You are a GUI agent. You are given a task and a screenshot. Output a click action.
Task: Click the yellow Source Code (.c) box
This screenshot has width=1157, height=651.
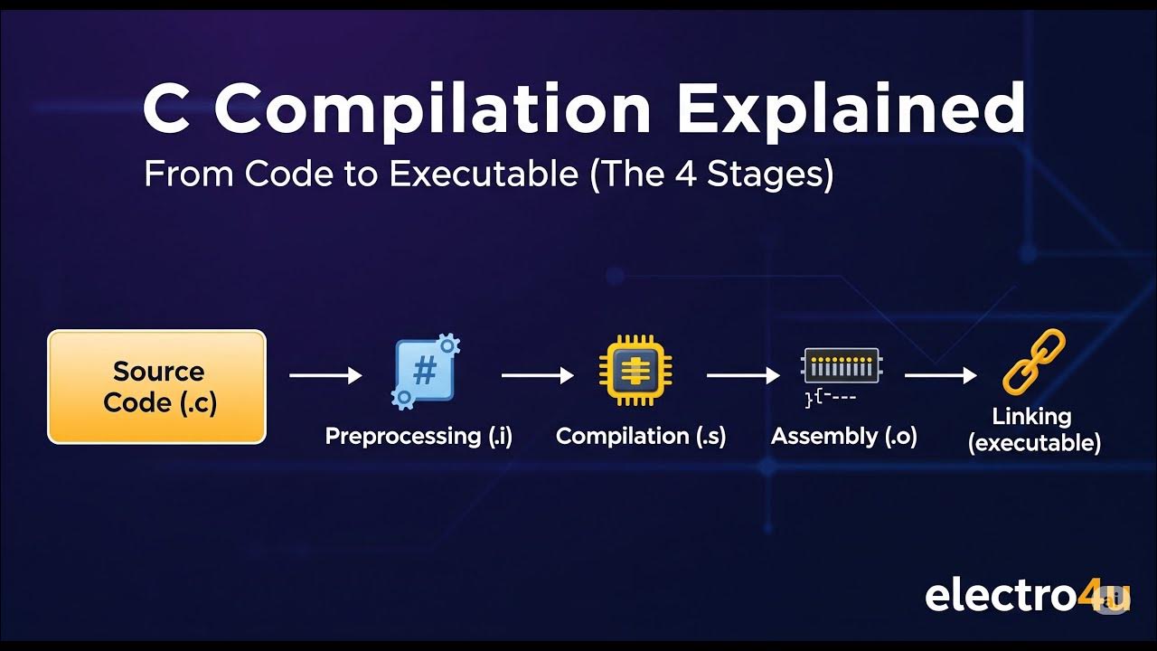(156, 387)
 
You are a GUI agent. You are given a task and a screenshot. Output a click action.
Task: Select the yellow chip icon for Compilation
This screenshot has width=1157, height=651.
(635, 372)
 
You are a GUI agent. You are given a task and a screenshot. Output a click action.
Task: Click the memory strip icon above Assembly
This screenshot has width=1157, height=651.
(841, 366)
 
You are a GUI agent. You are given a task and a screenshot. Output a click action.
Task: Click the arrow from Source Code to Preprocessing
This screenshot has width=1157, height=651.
(325, 375)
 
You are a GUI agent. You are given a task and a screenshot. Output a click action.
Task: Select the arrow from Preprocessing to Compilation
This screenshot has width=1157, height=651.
(538, 375)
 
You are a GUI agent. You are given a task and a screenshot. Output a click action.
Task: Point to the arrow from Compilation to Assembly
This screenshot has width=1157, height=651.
(743, 375)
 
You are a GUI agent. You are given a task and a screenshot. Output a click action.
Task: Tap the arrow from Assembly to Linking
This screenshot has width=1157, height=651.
(941, 375)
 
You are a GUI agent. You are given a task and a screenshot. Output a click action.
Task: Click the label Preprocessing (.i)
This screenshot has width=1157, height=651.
(419, 436)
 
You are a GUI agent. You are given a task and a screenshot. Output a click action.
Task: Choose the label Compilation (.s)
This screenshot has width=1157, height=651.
(641, 436)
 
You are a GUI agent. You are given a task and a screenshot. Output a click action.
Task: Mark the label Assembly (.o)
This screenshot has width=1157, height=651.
(844, 436)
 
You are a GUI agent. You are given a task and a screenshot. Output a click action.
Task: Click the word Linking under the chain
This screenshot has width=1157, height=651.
(1031, 417)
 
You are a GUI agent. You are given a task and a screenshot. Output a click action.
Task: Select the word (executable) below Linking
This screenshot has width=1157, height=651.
(1034, 443)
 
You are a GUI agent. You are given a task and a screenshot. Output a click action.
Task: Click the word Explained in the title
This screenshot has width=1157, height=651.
(851, 108)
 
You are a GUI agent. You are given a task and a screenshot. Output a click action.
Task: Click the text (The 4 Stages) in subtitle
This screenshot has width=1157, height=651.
(711, 174)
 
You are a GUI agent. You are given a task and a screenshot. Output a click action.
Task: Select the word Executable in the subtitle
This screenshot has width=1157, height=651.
(483, 174)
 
